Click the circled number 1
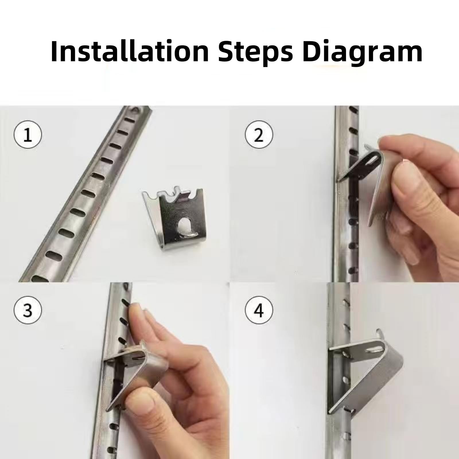pyautogui.click(x=28, y=135)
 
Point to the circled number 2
pyautogui.click(x=259, y=135)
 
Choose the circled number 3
pyautogui.click(x=28, y=310)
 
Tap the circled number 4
pyautogui.click(x=259, y=310)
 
